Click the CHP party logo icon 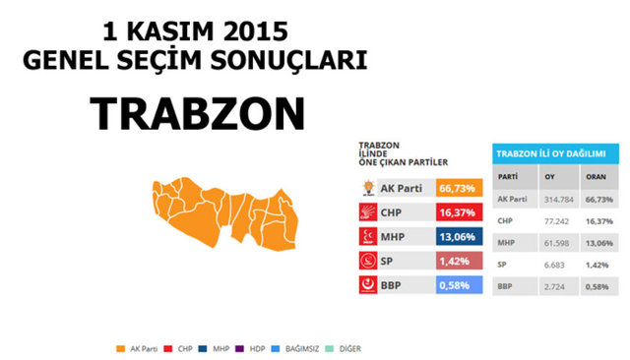pyautogui.click(x=365, y=211)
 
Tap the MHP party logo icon pyautogui.click(x=365, y=236)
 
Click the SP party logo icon pyautogui.click(x=365, y=261)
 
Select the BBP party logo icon pyautogui.click(x=365, y=285)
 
